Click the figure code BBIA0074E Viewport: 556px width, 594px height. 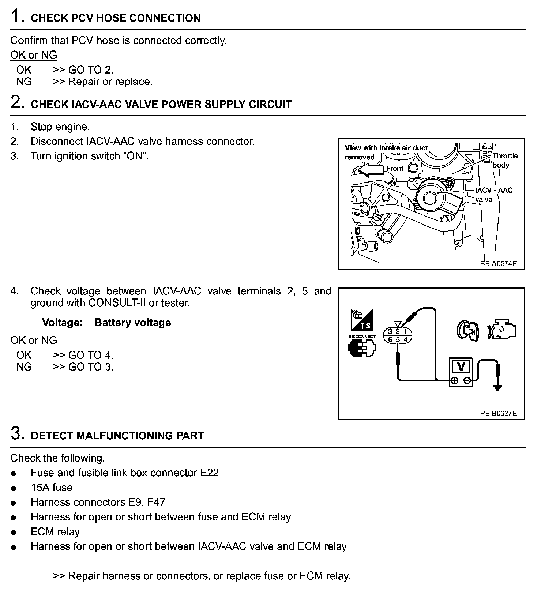[498, 263]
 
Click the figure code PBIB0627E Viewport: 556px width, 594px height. [498, 413]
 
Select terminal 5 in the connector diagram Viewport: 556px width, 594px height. [398, 339]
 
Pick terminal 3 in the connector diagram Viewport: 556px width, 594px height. [390, 332]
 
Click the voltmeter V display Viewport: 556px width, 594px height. [461, 366]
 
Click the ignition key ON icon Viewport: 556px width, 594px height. [467, 331]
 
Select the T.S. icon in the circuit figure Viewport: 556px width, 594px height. [362, 320]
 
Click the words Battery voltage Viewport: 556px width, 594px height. [132, 323]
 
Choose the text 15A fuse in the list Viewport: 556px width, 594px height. [52, 488]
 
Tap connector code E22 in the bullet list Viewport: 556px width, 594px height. [209, 473]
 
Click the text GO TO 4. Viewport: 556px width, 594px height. [91, 355]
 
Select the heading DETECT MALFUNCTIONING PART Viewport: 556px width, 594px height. [117, 436]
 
